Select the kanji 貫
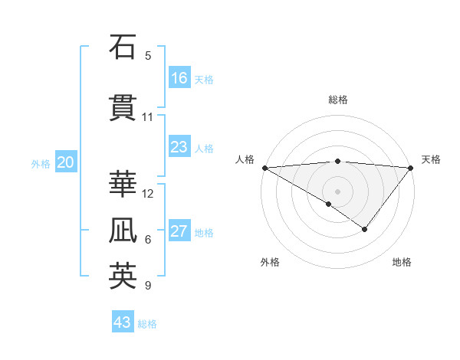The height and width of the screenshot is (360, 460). tap(122, 108)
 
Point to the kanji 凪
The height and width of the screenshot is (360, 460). tap(122, 231)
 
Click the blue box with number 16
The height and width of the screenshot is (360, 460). tap(179, 78)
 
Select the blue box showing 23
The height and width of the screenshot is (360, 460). tap(179, 147)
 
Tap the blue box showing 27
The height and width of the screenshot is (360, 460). tap(179, 231)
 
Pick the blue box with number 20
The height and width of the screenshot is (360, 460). tap(66, 162)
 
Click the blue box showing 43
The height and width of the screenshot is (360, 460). tap(123, 322)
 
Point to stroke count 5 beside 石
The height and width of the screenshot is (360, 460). tap(148, 55)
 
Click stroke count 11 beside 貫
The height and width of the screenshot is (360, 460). tap(148, 117)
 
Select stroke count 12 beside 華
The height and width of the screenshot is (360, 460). tap(148, 193)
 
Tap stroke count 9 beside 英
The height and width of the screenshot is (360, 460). tap(148, 286)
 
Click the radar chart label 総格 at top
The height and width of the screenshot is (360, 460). tap(337, 100)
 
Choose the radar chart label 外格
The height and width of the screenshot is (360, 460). tap(269, 262)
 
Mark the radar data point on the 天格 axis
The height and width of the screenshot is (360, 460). tap(411, 167)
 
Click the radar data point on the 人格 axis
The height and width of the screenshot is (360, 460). tap(264, 167)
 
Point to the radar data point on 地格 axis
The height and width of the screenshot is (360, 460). tap(365, 228)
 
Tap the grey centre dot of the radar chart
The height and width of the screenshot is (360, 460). tap(337, 191)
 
